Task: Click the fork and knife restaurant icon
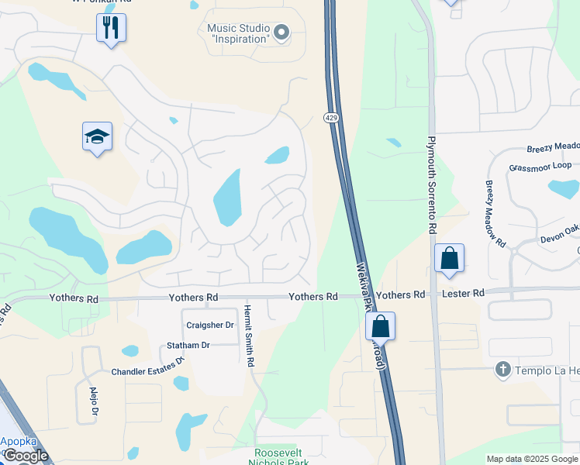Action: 111,29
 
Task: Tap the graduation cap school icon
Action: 97,137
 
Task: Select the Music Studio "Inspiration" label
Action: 238,33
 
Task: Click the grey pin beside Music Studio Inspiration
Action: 281,33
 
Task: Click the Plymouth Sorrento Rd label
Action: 431,186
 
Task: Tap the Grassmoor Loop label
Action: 540,167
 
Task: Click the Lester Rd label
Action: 464,294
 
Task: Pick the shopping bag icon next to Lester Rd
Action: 449,259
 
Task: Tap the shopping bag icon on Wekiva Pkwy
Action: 380,325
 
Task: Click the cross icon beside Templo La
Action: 502,370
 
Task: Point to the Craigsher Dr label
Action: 209,325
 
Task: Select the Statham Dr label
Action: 188,345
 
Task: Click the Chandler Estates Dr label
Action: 147,368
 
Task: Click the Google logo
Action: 25,456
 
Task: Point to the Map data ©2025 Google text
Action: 531,459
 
